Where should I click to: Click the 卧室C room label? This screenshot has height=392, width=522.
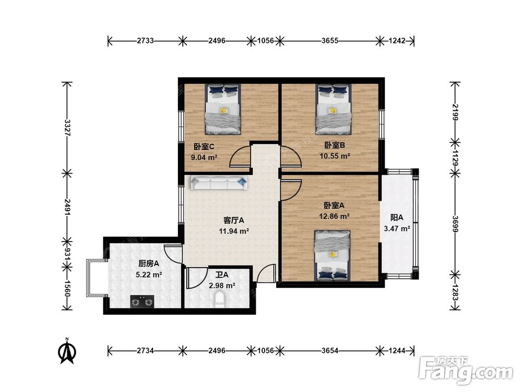[204, 147]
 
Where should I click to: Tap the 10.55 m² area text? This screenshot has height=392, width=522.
[335, 156]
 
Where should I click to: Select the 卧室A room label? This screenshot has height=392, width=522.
[334, 205]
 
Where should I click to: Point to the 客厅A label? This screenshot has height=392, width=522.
[234, 221]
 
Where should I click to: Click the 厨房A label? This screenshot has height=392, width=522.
[149, 263]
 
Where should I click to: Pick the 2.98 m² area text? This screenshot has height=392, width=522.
[222, 286]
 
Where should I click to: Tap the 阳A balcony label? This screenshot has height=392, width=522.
[397, 217]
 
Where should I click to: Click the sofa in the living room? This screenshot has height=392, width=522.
[219, 183]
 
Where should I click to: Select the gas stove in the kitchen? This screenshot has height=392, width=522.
[142, 302]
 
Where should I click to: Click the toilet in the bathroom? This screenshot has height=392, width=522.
[219, 299]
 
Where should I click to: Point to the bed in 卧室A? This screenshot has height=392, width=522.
[332, 256]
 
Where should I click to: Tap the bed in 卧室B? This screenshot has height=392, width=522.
[334, 109]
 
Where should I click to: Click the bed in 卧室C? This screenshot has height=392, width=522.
[223, 109]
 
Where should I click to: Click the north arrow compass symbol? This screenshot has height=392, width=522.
[67, 351]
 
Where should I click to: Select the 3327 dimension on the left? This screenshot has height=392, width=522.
[67, 128]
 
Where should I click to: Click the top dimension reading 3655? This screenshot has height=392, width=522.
[330, 41]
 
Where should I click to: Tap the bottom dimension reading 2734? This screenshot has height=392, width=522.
[146, 350]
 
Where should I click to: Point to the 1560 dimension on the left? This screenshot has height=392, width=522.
[67, 289]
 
